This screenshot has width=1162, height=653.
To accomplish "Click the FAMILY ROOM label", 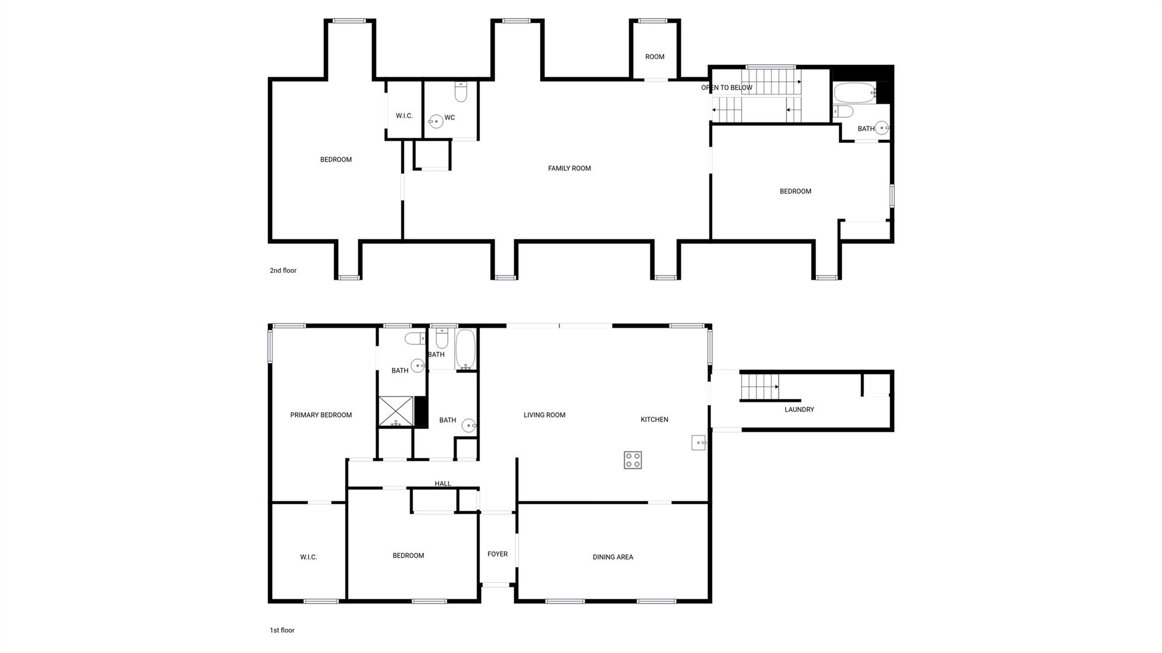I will click(x=569, y=168).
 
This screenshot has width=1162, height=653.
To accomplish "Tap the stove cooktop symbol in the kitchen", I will click(x=633, y=460).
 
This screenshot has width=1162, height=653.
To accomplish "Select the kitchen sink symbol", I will click(x=698, y=443).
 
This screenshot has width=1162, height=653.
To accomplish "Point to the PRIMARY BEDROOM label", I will click(x=321, y=415).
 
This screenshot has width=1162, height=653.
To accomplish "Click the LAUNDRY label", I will click(x=799, y=410).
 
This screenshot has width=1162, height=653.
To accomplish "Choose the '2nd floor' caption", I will click(x=283, y=271).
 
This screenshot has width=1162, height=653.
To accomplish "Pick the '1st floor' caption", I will click(x=282, y=630).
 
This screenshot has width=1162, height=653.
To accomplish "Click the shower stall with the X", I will click(x=396, y=411).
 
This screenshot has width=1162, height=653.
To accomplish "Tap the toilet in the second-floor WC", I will click(x=461, y=92).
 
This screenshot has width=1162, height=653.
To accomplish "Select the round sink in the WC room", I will click(x=436, y=121).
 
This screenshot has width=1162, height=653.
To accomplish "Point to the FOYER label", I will click(x=498, y=554).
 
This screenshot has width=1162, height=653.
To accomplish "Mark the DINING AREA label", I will click(x=613, y=557).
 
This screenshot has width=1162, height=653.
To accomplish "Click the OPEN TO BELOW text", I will click(x=726, y=88).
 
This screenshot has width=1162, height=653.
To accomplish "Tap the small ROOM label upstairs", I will click(x=655, y=57).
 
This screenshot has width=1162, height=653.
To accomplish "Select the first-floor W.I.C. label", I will click(x=309, y=557).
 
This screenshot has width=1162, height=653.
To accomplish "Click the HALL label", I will click(x=443, y=484).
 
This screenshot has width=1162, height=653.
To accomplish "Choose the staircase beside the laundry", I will click(x=759, y=387).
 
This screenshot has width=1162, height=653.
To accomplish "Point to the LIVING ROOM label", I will click(x=544, y=415).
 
